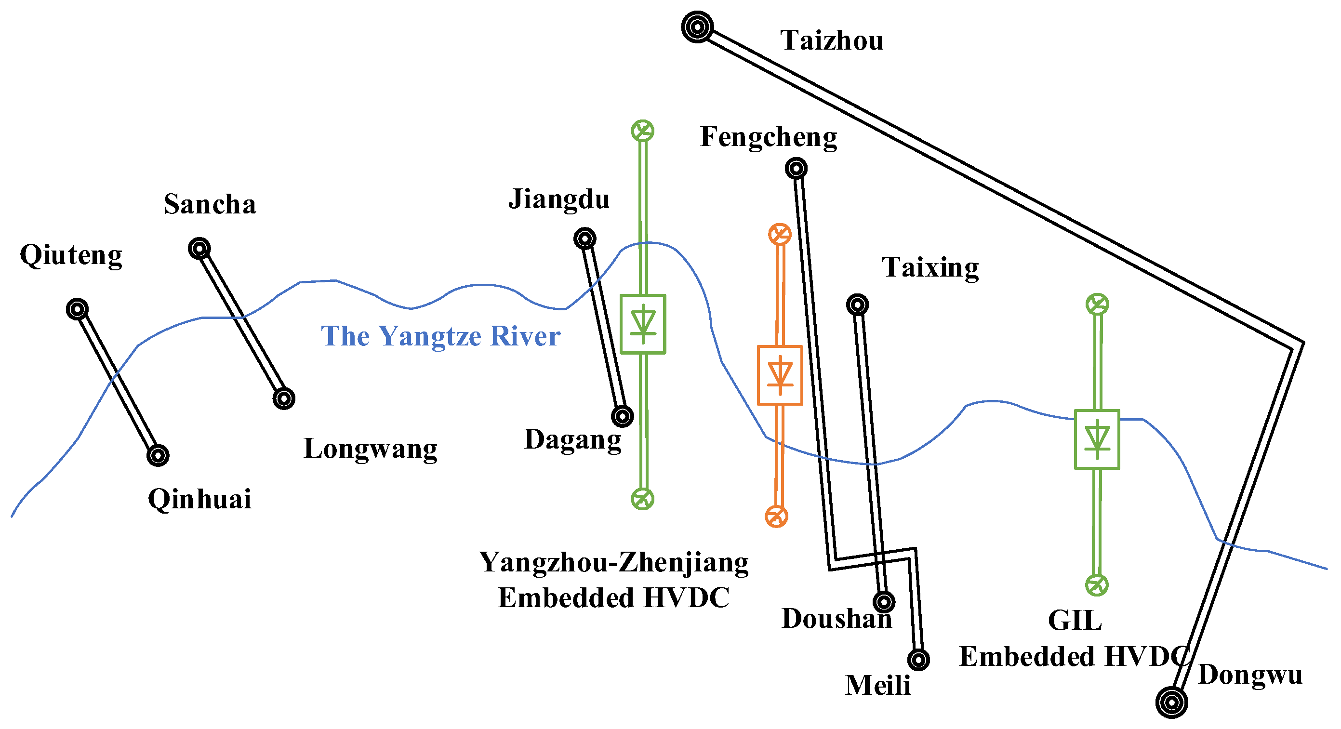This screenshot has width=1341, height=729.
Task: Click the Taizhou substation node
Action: (x=697, y=27)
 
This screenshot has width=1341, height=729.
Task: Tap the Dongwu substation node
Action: (x=1171, y=702)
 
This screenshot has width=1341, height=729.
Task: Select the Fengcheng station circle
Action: (x=796, y=168)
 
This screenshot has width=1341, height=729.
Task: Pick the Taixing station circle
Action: (x=857, y=305)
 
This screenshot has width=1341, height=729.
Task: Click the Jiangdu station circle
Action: (x=584, y=239)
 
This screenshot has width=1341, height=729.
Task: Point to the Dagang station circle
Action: (x=622, y=416)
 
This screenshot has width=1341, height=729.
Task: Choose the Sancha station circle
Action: (x=199, y=249)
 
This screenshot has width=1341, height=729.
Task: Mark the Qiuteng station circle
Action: (x=78, y=309)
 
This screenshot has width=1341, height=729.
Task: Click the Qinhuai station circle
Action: (x=158, y=456)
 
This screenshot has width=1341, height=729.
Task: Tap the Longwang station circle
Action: (x=284, y=399)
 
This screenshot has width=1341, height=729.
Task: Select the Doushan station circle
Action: (x=884, y=602)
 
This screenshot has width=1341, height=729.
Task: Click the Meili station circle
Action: (x=919, y=660)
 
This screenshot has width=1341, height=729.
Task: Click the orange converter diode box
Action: (x=780, y=375)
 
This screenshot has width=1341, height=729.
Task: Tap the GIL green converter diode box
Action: (x=1097, y=439)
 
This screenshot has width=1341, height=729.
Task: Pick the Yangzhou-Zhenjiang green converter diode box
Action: (x=643, y=324)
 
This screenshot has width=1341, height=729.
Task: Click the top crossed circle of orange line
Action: (x=780, y=234)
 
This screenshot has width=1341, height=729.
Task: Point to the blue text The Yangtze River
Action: (x=440, y=336)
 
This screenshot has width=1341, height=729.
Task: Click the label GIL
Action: (x=1075, y=620)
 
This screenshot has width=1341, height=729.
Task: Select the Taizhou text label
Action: (x=831, y=40)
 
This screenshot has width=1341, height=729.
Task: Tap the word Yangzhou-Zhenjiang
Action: (x=614, y=562)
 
